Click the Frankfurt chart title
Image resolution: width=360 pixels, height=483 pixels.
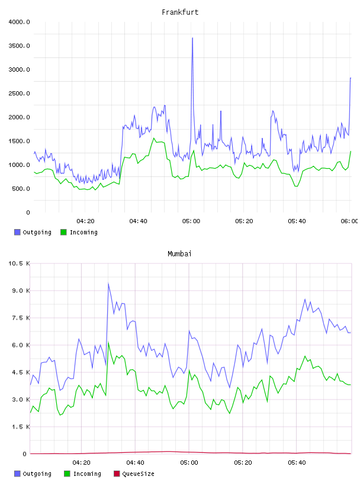(180, 12)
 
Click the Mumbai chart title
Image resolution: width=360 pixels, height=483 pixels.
(179, 254)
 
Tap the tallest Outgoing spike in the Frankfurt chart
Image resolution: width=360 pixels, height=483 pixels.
(192, 38)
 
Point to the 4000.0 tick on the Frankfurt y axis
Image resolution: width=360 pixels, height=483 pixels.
(20, 22)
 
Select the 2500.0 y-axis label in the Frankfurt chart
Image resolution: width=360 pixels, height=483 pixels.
(20, 94)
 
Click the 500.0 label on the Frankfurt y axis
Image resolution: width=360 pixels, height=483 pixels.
(21, 188)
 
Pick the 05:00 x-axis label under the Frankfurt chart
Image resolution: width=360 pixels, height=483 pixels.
(191, 221)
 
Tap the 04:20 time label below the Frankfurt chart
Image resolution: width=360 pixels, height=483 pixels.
(85, 221)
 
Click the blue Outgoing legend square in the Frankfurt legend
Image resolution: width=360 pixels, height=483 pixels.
(17, 232)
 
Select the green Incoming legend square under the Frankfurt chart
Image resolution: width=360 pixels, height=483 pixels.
(63, 232)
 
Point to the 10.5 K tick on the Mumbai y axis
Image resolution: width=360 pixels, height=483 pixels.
(19, 263)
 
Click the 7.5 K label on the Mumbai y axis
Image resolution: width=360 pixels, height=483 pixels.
(21, 318)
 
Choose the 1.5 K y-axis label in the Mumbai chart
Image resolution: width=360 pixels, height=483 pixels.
(21, 427)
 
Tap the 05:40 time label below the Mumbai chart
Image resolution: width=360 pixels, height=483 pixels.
(297, 463)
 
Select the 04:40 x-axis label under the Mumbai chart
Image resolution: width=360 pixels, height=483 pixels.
(135, 463)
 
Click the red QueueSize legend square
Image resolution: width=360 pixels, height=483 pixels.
(117, 474)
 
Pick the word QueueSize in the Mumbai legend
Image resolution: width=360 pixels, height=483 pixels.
(138, 474)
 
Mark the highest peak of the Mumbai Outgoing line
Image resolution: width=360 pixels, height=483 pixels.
(108, 284)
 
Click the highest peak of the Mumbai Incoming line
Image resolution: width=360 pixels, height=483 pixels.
(108, 343)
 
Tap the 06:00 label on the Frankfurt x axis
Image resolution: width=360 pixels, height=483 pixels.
(349, 221)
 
